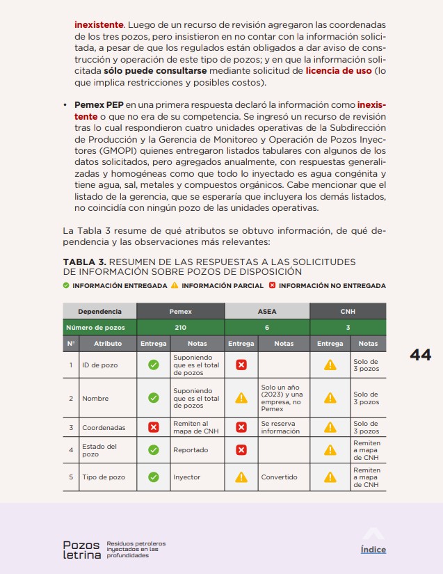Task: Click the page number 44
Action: (x=420, y=355)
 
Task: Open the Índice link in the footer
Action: (x=373, y=550)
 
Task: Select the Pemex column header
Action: (x=181, y=312)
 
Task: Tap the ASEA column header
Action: (x=267, y=312)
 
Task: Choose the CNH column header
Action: (x=348, y=312)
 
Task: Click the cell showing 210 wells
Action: (x=181, y=327)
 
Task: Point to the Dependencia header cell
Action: (x=99, y=312)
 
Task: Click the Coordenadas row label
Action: (x=104, y=427)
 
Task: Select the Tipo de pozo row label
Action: (x=104, y=477)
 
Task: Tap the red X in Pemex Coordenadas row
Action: (x=154, y=427)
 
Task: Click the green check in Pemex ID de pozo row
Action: (x=154, y=365)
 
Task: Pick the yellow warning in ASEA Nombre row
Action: (x=241, y=399)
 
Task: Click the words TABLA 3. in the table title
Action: (x=86, y=262)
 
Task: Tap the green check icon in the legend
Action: (x=66, y=285)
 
